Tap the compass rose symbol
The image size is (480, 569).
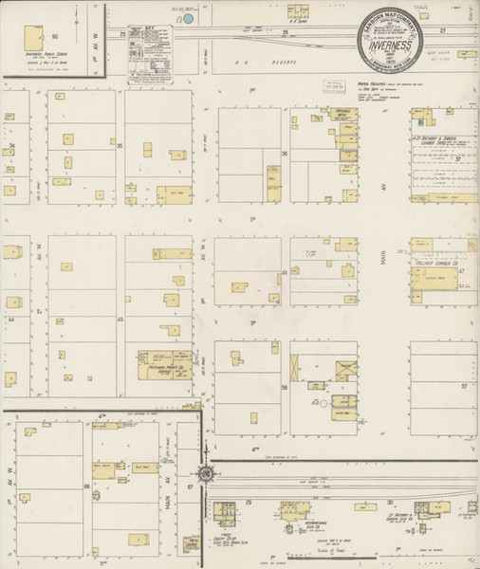click(x=205, y=471)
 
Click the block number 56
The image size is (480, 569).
click(x=284, y=388)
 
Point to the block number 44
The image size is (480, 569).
click(x=12, y=321)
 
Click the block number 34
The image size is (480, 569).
click(x=12, y=146)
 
